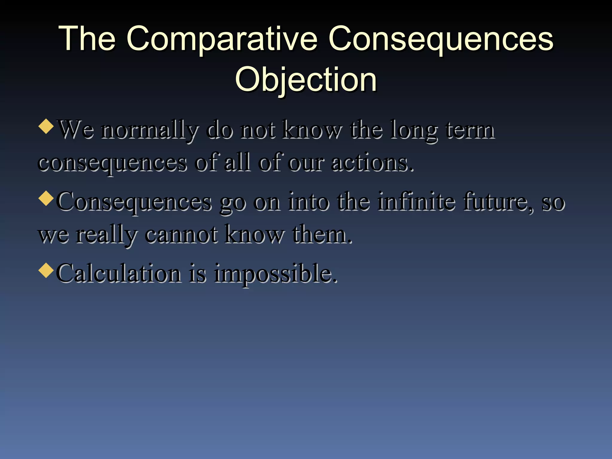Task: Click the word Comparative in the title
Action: (222, 39)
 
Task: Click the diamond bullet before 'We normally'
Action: (46, 126)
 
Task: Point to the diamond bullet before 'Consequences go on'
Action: (46, 198)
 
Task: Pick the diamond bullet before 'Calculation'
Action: (46, 270)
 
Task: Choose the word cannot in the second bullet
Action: (181, 235)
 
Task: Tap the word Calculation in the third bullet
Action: (119, 273)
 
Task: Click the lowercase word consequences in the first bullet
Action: (112, 164)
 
